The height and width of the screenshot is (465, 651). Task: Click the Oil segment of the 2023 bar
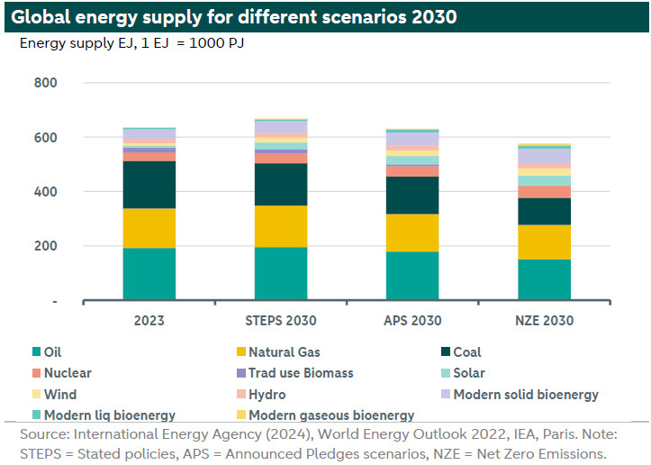149,273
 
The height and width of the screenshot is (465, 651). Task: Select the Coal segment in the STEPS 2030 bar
281,184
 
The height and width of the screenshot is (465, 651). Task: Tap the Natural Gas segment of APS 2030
412,232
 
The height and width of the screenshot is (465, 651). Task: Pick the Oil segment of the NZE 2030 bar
544,279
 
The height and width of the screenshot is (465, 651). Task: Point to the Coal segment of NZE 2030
544,211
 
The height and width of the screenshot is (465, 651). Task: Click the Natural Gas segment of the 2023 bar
149,228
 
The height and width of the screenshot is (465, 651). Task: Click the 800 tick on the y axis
46,84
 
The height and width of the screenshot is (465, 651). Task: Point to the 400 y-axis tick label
46,192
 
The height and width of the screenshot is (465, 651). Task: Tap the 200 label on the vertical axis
46,246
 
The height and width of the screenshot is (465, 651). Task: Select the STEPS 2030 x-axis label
281,321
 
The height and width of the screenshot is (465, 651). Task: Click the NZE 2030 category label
544,321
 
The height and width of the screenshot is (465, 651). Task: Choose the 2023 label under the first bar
149,321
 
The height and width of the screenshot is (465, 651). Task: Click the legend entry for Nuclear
68,373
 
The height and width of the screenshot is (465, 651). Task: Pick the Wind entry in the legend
60,395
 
